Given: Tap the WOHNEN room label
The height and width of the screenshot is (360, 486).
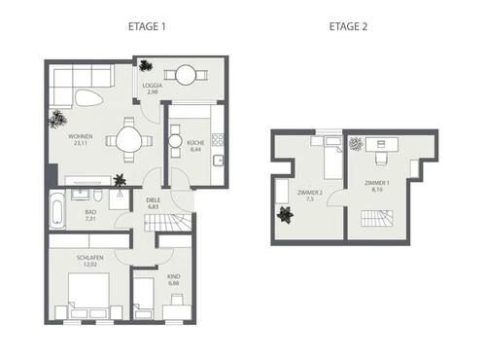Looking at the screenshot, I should [x=65, y=137].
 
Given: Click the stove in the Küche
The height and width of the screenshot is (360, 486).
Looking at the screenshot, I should [x=219, y=140].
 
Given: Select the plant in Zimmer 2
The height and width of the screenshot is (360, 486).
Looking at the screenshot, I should [x=286, y=216].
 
